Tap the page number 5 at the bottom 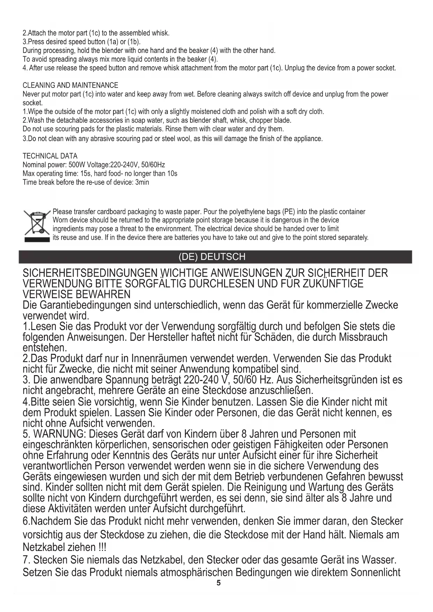point(218,583)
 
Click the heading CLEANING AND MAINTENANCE point(70,85)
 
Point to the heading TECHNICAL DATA point(50,156)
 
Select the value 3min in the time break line point(142,182)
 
